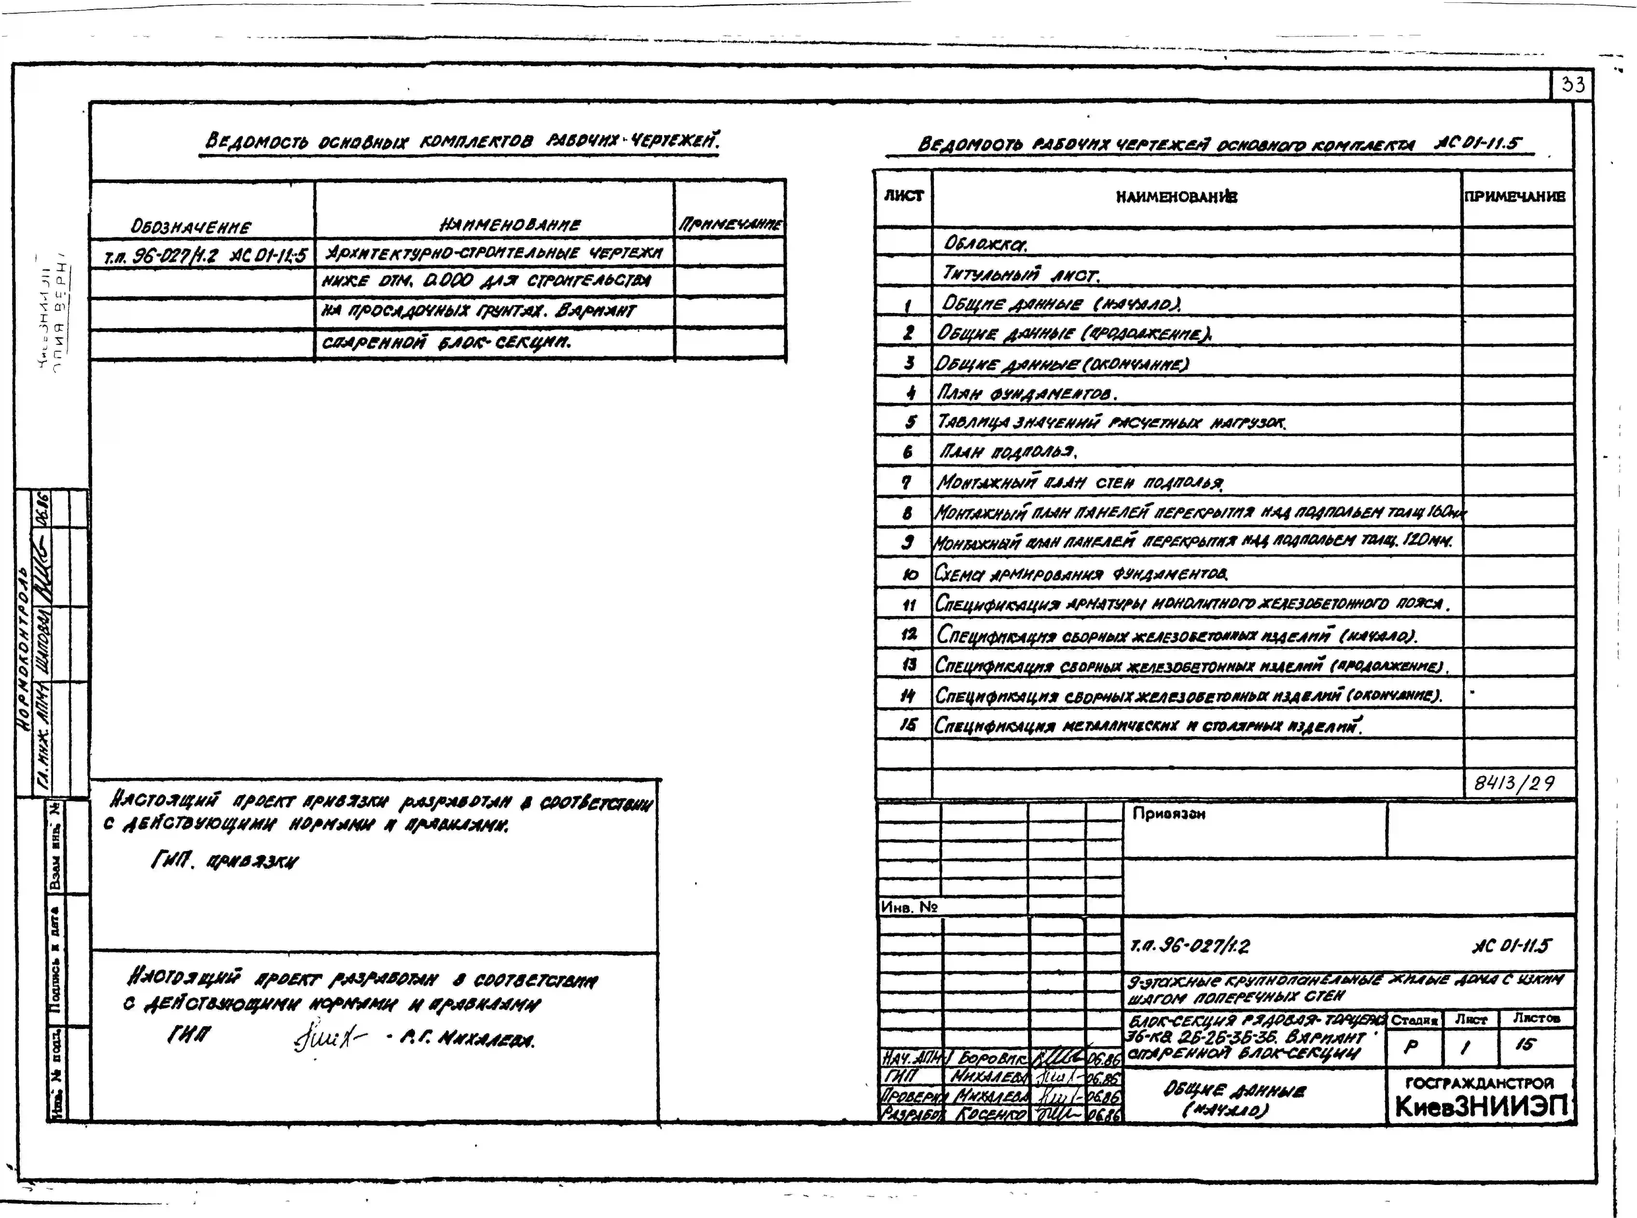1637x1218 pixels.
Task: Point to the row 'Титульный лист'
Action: (x=1021, y=274)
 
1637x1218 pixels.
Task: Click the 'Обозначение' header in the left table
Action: (x=190, y=226)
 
